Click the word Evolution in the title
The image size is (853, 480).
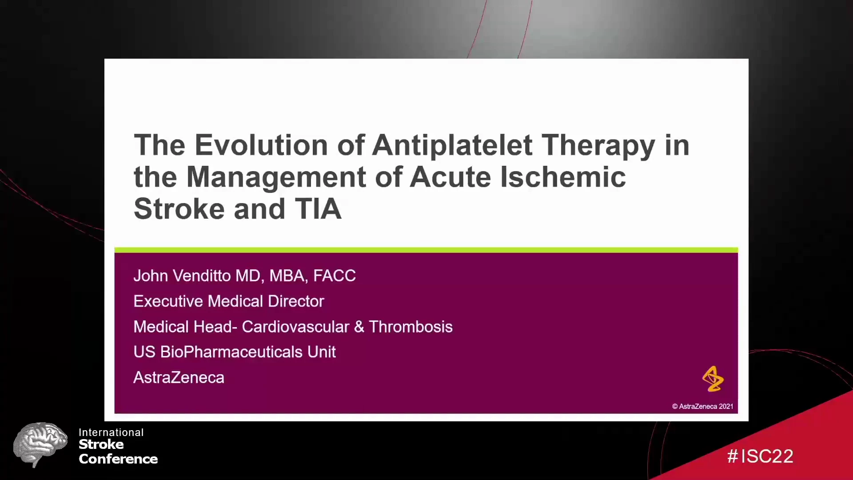click(261, 145)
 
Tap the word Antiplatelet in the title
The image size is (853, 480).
click(452, 145)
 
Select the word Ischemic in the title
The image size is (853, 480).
click(563, 177)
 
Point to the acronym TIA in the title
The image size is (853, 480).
click(318, 209)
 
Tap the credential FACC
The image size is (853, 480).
click(335, 276)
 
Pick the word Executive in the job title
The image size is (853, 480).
click(168, 301)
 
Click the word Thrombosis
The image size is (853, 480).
click(411, 327)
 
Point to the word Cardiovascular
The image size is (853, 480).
click(295, 327)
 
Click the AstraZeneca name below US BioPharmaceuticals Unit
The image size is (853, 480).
click(179, 377)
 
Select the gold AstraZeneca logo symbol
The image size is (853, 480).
click(713, 379)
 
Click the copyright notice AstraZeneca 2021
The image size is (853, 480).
click(703, 406)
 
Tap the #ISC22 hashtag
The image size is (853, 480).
click(760, 456)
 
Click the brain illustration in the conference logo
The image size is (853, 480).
click(40, 444)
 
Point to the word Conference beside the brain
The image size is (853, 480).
click(118, 459)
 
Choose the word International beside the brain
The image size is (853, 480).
click(111, 432)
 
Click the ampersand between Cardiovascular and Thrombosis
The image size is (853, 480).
click(359, 327)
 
